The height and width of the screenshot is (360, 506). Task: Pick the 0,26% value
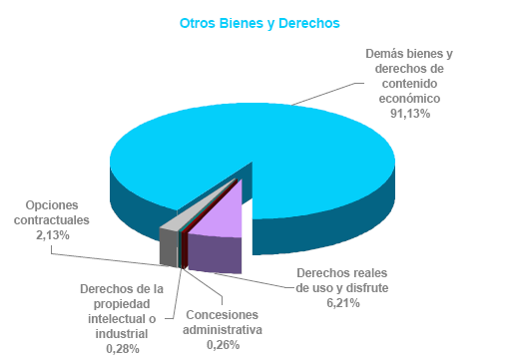click(x=223, y=344)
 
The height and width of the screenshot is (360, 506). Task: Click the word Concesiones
click(x=222, y=314)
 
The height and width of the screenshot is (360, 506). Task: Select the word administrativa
click(x=222, y=329)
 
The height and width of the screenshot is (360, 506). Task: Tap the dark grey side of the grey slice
click(x=169, y=246)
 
